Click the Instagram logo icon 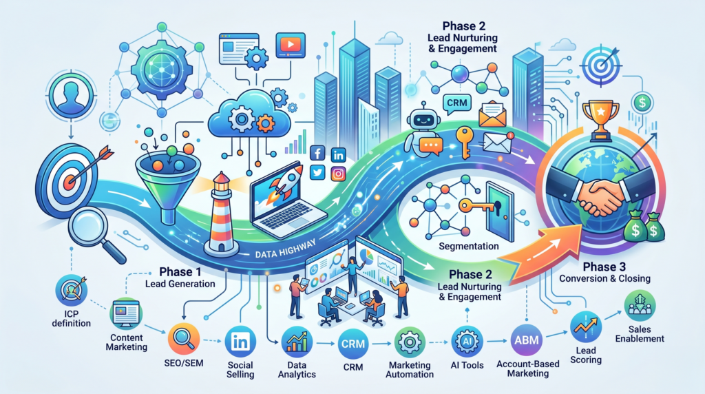(x=338, y=174)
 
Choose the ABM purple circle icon (x=526, y=340)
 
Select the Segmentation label (x=467, y=246)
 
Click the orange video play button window (x=290, y=45)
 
